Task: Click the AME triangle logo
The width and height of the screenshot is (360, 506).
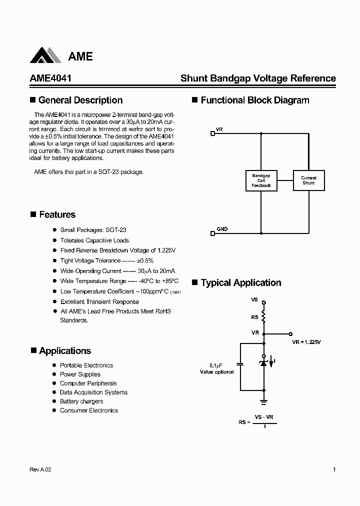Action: [47, 56]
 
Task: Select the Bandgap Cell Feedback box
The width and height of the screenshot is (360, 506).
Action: [261, 180]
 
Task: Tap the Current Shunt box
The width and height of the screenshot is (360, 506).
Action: [308, 180]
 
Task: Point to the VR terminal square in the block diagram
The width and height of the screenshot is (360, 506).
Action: [213, 133]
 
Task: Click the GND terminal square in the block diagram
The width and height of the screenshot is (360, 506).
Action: [213, 232]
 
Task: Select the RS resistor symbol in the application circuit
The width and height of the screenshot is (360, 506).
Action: [264, 317]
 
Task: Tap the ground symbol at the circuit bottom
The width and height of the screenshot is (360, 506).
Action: [264, 401]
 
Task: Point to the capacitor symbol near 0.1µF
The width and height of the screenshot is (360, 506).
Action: [240, 364]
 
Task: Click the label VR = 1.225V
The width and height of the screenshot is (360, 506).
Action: [306, 342]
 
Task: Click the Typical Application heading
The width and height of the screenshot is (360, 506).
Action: [240, 283]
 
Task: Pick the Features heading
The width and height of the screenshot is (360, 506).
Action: [57, 215]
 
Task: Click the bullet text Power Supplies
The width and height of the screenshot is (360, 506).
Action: [80, 374]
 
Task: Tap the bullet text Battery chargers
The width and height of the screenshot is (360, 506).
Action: [81, 401]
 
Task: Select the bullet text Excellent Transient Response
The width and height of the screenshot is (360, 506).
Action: [99, 302]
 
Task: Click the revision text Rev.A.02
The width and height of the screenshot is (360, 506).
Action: [40, 470]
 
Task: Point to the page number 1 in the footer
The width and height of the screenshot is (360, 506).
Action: [334, 470]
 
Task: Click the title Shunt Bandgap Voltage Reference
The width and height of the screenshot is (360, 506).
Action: [258, 78]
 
